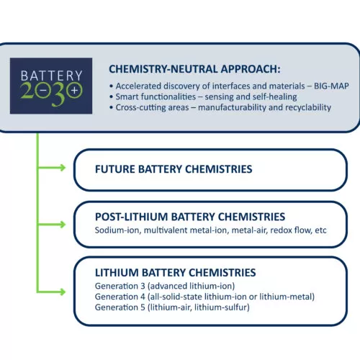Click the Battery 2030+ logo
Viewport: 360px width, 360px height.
click(x=51, y=86)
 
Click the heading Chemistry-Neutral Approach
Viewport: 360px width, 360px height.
click(x=194, y=69)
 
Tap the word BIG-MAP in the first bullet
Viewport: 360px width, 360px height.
click(x=331, y=86)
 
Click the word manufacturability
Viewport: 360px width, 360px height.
click(x=232, y=107)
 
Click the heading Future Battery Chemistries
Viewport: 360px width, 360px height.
click(x=174, y=169)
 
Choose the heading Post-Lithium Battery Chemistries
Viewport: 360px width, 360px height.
click(x=190, y=217)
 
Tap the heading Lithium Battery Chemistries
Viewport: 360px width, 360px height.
click(x=176, y=273)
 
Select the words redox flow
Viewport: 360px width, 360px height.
click(x=291, y=230)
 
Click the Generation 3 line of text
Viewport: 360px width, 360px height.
click(x=165, y=286)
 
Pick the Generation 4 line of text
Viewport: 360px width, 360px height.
click(x=204, y=297)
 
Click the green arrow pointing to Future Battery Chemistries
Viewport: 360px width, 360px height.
click(x=51, y=168)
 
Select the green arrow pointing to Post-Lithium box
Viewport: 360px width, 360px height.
click(x=51, y=225)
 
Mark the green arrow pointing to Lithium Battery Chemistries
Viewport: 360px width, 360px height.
click(x=51, y=292)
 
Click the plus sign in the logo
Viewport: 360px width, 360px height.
click(x=75, y=91)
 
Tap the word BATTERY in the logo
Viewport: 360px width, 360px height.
click(x=52, y=76)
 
